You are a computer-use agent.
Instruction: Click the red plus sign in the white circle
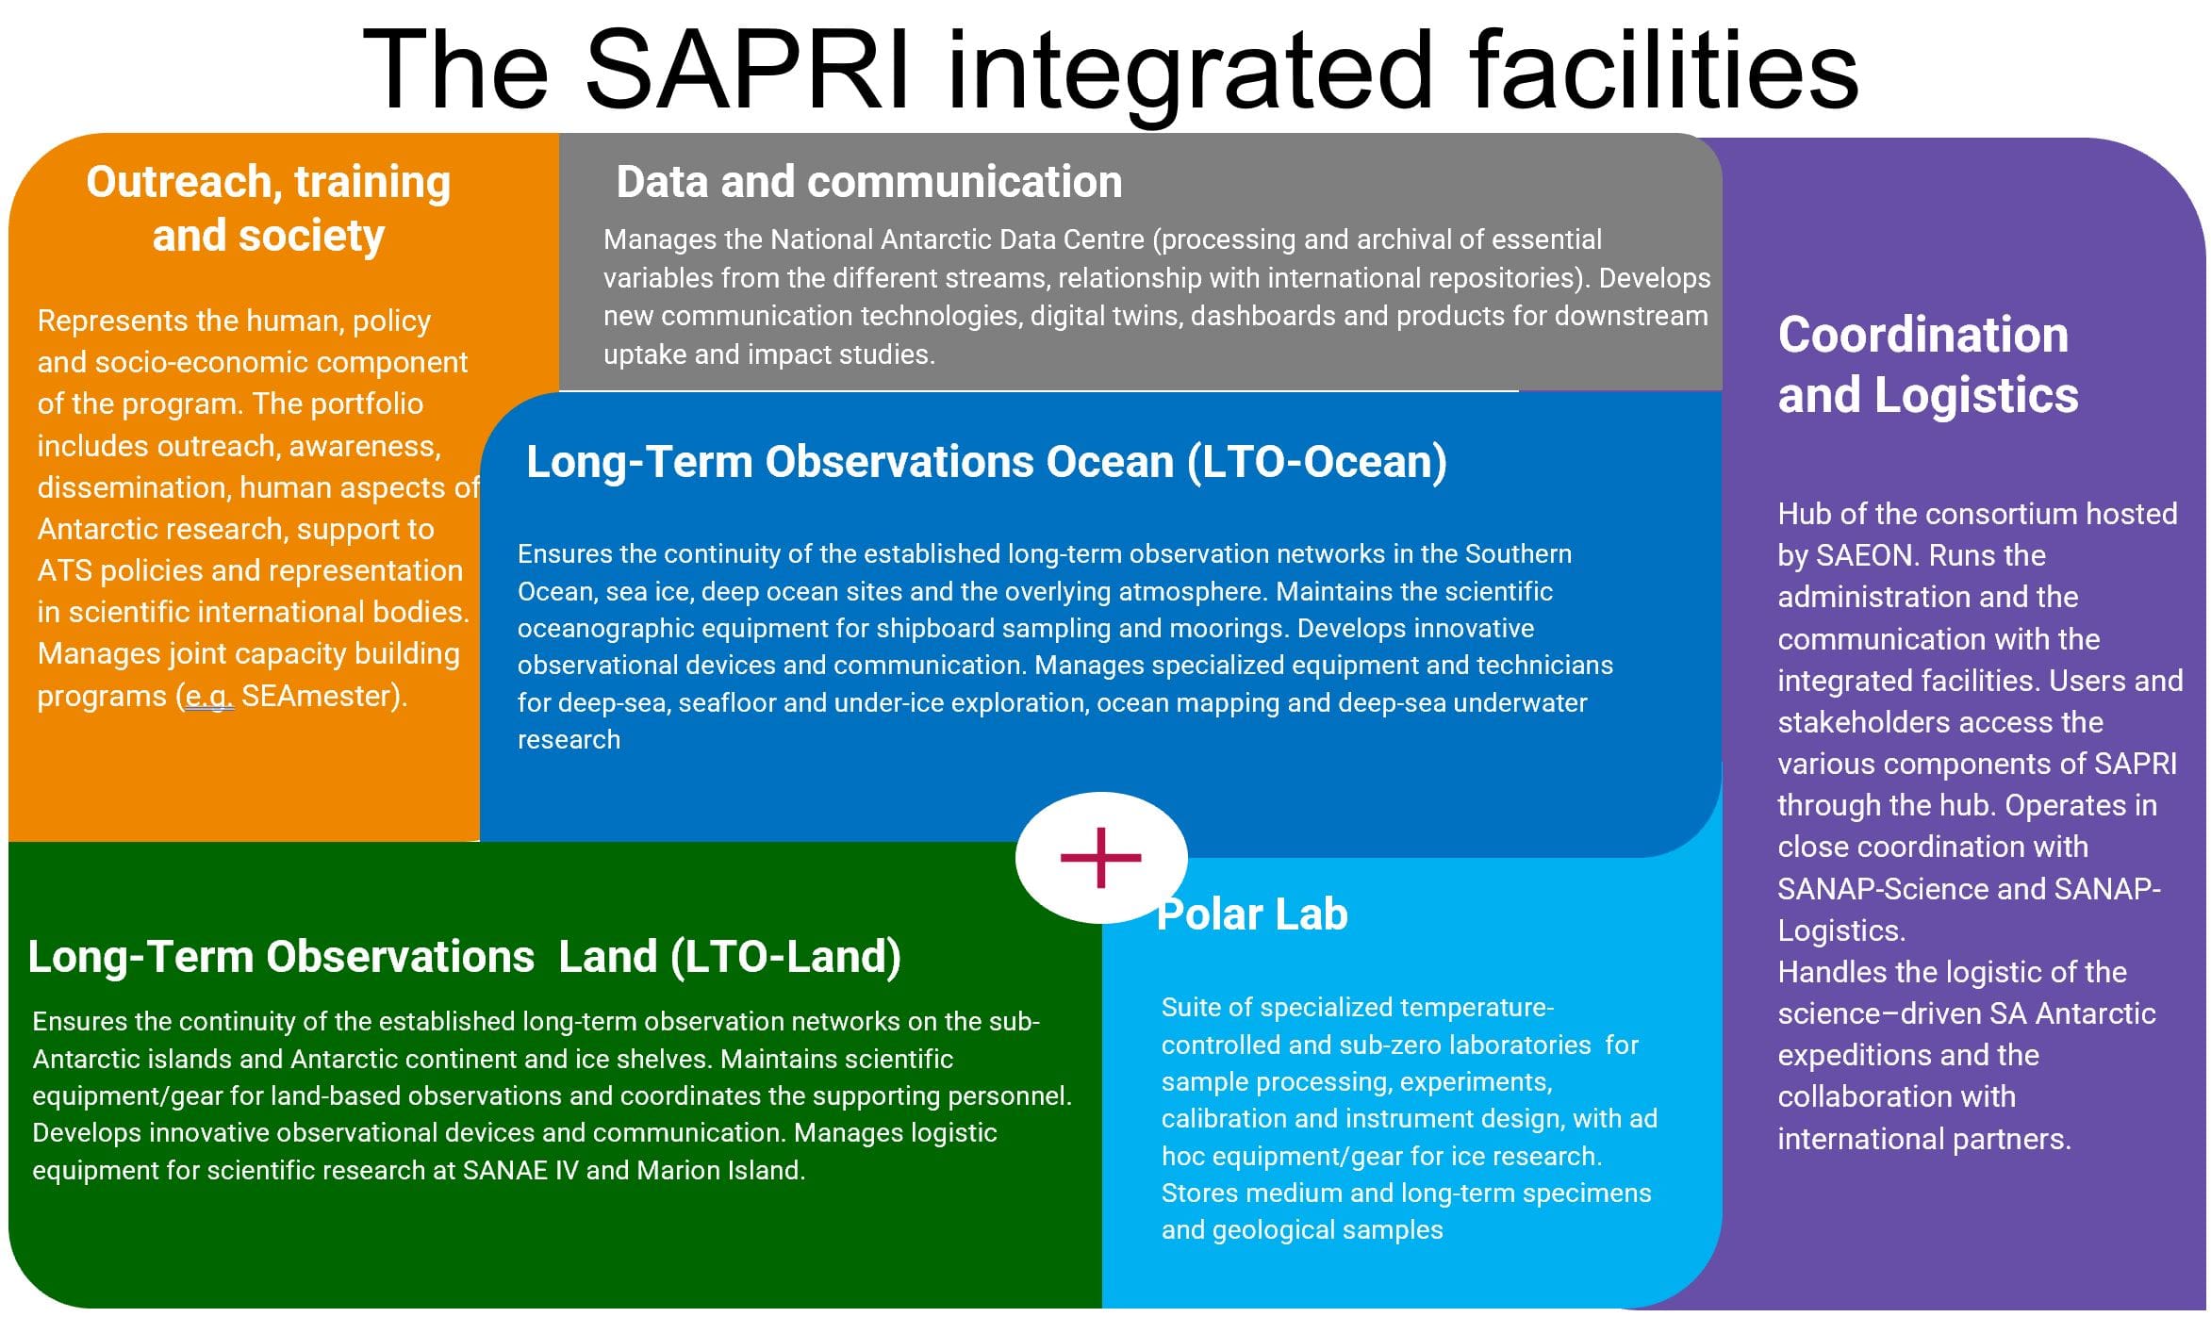[1100, 858]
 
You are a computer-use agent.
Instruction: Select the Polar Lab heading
[1252, 914]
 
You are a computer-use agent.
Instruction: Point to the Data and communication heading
[869, 181]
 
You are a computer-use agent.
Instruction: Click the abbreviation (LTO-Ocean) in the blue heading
[1317, 462]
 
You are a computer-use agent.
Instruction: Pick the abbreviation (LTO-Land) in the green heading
[786, 957]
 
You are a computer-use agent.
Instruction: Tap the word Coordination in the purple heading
[1923, 335]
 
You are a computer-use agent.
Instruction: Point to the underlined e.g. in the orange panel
[208, 697]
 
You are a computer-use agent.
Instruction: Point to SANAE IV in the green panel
[520, 1170]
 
